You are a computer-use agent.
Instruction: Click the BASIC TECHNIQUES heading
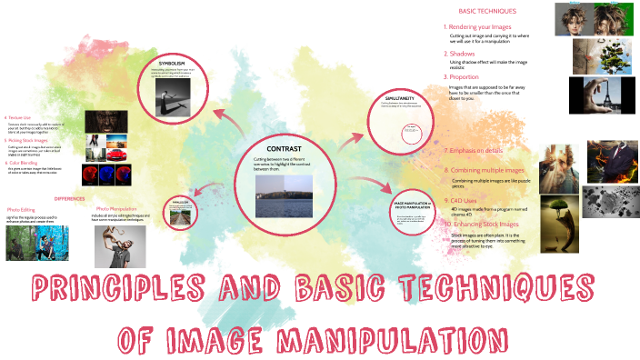(487, 11)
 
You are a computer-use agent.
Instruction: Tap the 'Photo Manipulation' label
(115, 208)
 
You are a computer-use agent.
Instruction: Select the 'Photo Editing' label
(21, 209)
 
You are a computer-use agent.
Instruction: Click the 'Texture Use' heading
(19, 117)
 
